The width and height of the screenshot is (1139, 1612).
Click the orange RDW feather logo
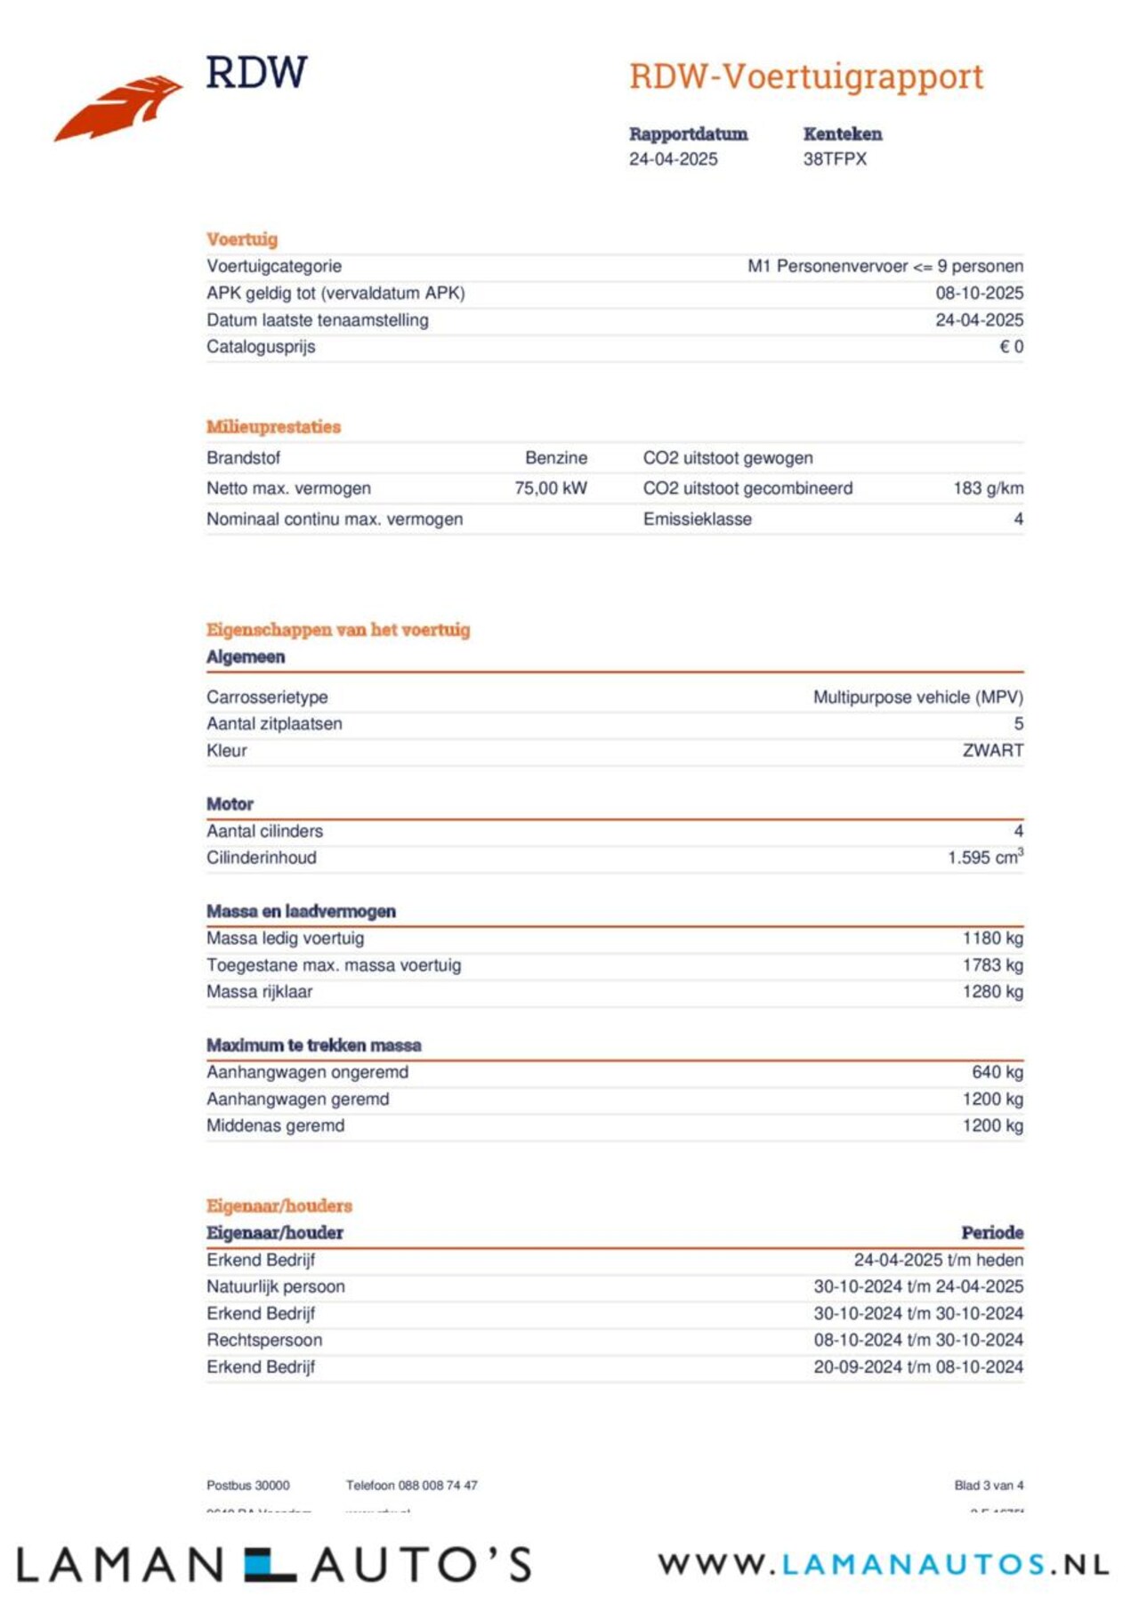pos(118,107)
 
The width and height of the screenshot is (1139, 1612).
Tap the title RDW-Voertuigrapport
pos(805,77)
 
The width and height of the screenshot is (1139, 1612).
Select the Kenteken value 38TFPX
pos(834,159)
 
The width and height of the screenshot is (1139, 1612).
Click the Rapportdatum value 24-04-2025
pos(673,159)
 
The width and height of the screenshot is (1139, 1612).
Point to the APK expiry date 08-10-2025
pos(979,293)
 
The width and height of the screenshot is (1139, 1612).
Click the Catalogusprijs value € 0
pos(1011,347)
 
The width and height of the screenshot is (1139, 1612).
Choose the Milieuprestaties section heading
pos(273,427)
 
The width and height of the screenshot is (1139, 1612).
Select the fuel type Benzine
pos(556,458)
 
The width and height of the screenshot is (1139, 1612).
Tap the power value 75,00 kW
pos(551,488)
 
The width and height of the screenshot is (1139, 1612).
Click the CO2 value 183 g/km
pos(988,488)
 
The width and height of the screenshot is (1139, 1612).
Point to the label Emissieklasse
pos(697,520)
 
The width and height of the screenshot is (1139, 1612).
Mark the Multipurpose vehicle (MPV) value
pos(917,697)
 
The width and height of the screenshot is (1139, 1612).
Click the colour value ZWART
pos(992,751)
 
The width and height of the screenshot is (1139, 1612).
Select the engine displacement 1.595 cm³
pos(985,858)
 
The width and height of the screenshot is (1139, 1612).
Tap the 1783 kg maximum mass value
pos(992,965)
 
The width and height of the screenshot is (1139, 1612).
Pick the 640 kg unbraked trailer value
pos(998,1072)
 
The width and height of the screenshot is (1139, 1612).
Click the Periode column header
pos(992,1233)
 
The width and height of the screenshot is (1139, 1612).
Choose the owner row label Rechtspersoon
pos(264,1340)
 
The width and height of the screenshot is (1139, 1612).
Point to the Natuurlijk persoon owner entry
pos(275,1286)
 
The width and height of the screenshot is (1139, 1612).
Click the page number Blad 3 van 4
pos(989,1485)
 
